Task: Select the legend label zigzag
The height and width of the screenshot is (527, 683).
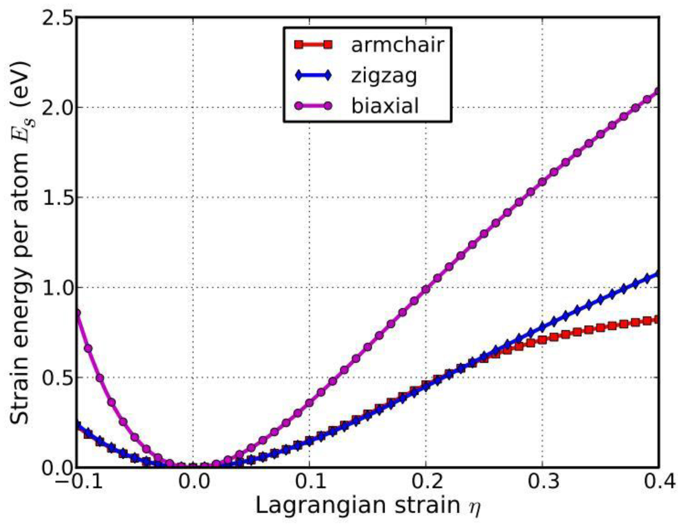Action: pyautogui.click(x=384, y=77)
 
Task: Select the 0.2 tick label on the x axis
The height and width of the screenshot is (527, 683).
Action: pyautogui.click(x=425, y=483)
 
